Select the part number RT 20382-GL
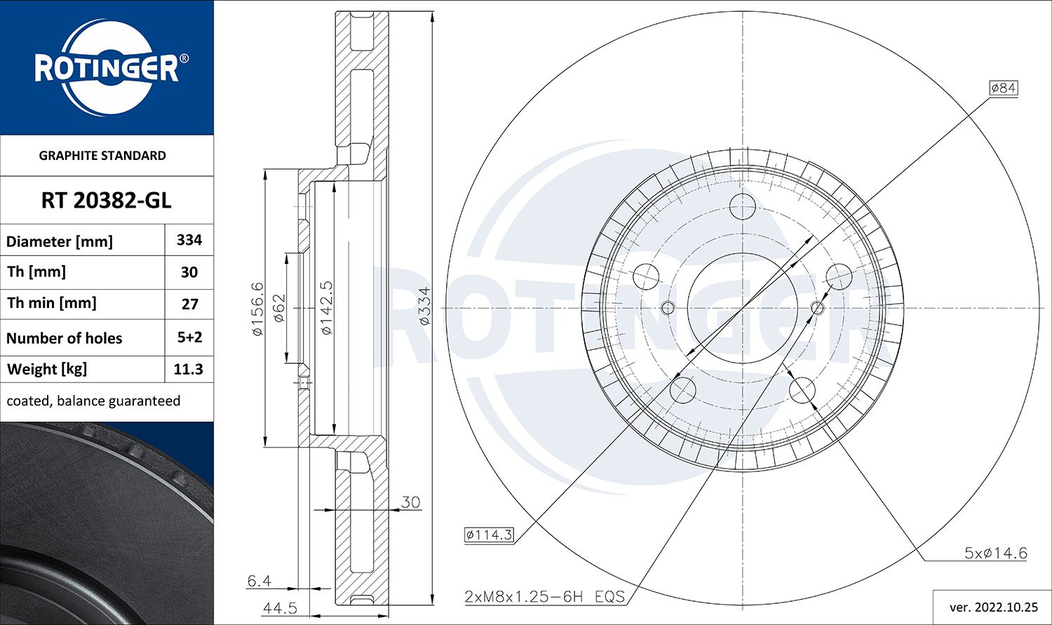click(x=106, y=201)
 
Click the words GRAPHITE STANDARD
click(x=102, y=156)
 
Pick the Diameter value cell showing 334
click(x=189, y=240)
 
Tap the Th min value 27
click(x=189, y=304)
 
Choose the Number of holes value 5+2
click(x=189, y=337)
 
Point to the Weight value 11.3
click(x=189, y=370)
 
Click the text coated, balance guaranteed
click(x=93, y=401)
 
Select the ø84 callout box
click(x=1003, y=88)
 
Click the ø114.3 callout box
click(x=489, y=535)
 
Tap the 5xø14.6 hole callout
click(x=995, y=553)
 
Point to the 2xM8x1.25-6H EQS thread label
click(x=544, y=597)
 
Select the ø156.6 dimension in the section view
click(x=257, y=309)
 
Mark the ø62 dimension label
click(x=278, y=309)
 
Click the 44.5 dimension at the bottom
click(x=280, y=608)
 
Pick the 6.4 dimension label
click(x=259, y=581)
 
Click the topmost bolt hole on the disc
click(x=742, y=207)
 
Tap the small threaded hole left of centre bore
click(x=668, y=308)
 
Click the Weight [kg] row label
click(x=47, y=370)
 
